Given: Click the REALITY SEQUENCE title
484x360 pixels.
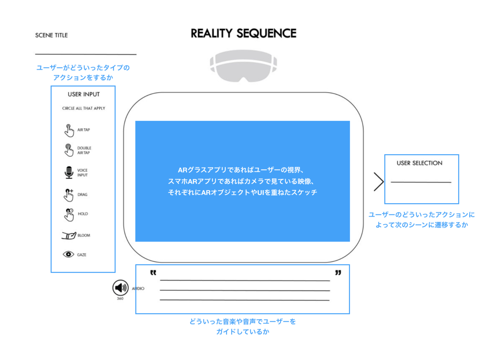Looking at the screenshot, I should coord(244,34).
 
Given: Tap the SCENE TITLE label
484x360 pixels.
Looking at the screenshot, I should coord(51,35).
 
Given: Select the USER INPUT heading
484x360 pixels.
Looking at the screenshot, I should coord(84,94).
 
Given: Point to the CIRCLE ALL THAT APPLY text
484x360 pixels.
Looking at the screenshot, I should coord(84,108).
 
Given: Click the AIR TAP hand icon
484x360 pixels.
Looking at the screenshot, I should coord(69,130).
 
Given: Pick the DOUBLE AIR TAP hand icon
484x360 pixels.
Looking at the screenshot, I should coord(68,150).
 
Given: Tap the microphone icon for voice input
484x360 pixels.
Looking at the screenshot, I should coord(69,172).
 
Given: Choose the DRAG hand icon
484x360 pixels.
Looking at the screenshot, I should coord(68,195).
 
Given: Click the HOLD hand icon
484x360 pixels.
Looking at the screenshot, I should coord(69,214).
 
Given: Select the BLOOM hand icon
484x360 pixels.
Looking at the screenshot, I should coord(69,235).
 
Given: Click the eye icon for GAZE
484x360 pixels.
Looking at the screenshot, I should coord(68,254).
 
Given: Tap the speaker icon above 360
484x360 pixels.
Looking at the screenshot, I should coord(120,288).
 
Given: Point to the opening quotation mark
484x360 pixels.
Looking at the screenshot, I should coord(153,272).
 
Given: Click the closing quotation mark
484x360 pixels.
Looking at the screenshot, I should coord(338,272).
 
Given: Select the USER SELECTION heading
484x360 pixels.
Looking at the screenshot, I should coord(419,163).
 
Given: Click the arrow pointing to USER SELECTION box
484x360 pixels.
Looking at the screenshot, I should coord(379,182).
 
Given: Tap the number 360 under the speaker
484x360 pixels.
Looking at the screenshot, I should coord(120,298).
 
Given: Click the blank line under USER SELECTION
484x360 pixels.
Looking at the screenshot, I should coord(421,182).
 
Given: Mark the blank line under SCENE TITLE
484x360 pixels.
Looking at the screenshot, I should coord(86,54).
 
